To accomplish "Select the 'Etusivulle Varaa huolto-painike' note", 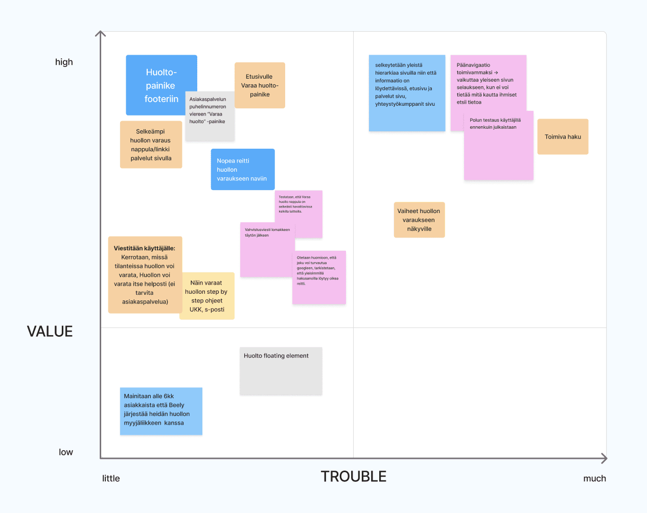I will tap(260, 85).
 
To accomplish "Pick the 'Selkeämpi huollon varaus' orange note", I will tap(151, 145).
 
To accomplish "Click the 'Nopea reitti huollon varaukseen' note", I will tap(243, 170).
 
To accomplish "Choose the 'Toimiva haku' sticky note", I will tap(563, 137).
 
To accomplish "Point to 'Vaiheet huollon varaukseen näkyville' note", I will tap(419, 220).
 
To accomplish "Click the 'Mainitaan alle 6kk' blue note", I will tap(161, 411).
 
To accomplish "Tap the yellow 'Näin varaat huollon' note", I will tap(207, 296).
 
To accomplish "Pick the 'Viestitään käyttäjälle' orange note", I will tap(145, 275).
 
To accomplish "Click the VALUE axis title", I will tap(50, 332).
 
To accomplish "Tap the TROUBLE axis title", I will tap(354, 477).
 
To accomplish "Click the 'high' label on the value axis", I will tap(64, 62).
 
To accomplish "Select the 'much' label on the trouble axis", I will tap(594, 479).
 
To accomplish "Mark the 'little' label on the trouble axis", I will tap(111, 479).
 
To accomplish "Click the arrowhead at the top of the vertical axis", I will tap(101, 34).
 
